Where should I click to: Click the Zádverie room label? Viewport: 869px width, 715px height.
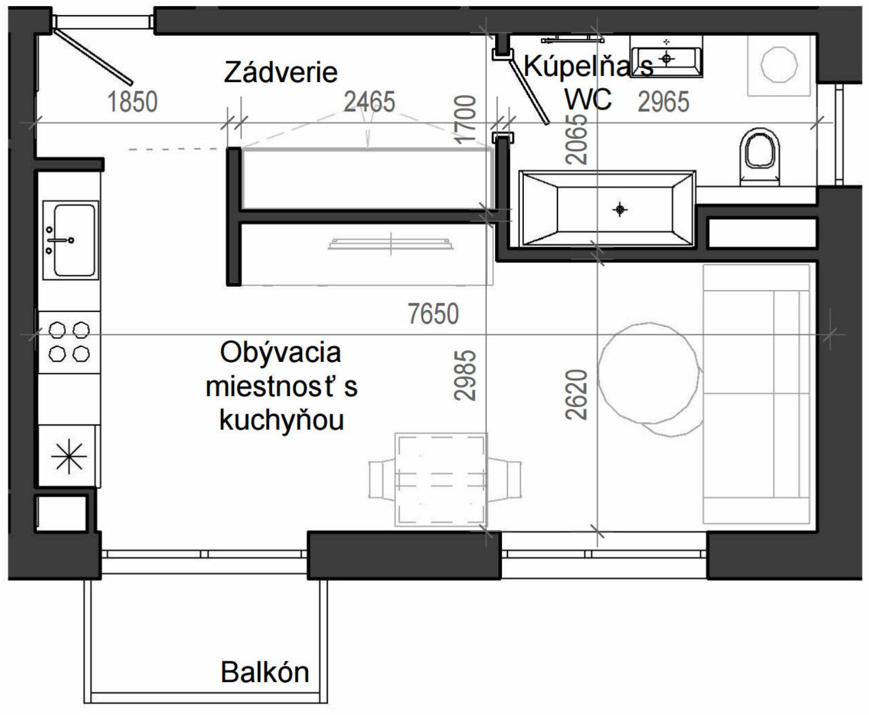click(281, 72)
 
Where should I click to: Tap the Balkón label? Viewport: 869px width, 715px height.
click(265, 672)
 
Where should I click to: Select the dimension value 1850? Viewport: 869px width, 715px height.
click(132, 102)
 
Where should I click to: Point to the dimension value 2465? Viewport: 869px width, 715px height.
click(369, 102)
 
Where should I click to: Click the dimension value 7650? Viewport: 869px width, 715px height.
click(433, 313)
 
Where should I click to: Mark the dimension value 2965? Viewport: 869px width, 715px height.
click(664, 102)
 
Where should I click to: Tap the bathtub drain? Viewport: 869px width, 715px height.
click(621, 210)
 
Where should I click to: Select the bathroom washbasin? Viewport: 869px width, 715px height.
click(667, 57)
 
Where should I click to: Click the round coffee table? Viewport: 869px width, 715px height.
click(647, 375)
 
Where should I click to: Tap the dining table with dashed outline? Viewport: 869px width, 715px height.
click(441, 479)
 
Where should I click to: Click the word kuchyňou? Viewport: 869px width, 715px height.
click(281, 421)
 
